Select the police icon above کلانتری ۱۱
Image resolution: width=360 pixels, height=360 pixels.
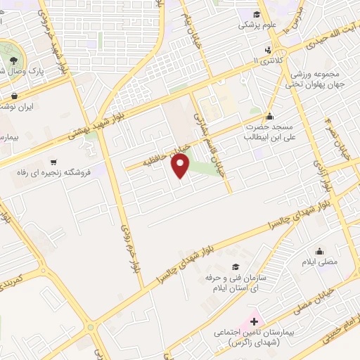point(267,49)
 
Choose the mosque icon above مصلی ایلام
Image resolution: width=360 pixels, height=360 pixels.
point(320,252)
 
